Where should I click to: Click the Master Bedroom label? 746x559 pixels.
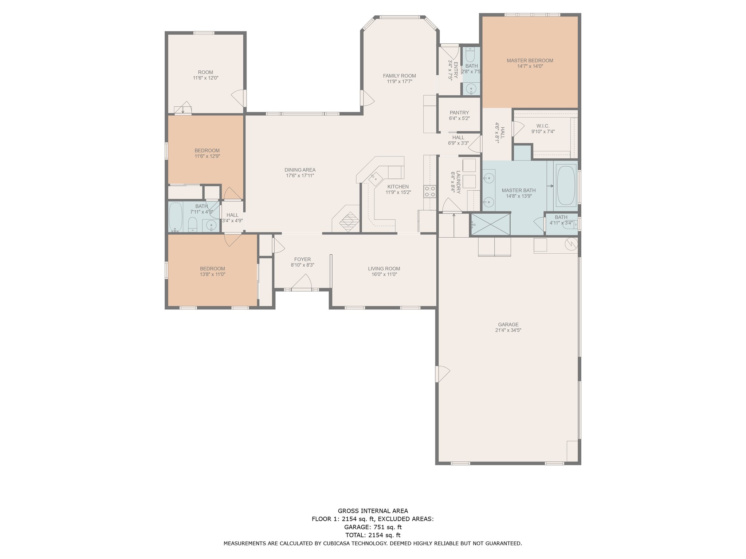coord(530,60)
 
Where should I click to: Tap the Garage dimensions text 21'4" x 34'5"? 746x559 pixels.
coord(508,330)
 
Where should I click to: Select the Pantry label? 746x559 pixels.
coord(459,113)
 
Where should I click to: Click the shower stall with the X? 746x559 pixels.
coord(490,224)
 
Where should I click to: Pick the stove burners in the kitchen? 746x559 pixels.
coord(430,191)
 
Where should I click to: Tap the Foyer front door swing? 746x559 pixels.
coord(302,282)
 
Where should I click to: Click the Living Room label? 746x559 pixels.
coord(384,269)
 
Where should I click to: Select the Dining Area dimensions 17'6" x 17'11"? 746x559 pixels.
coord(300,176)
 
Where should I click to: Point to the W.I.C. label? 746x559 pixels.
coord(543,126)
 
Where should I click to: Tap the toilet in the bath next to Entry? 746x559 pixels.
coord(471,55)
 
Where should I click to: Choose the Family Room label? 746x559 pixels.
coord(399,76)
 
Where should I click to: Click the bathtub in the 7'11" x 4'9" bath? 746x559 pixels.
coord(176,217)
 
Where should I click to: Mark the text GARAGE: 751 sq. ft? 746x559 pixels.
coord(373,527)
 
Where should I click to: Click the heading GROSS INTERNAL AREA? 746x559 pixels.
coord(373,511)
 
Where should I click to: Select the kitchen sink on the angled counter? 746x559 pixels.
coord(375,179)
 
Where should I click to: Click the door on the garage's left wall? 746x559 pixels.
coord(443,374)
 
